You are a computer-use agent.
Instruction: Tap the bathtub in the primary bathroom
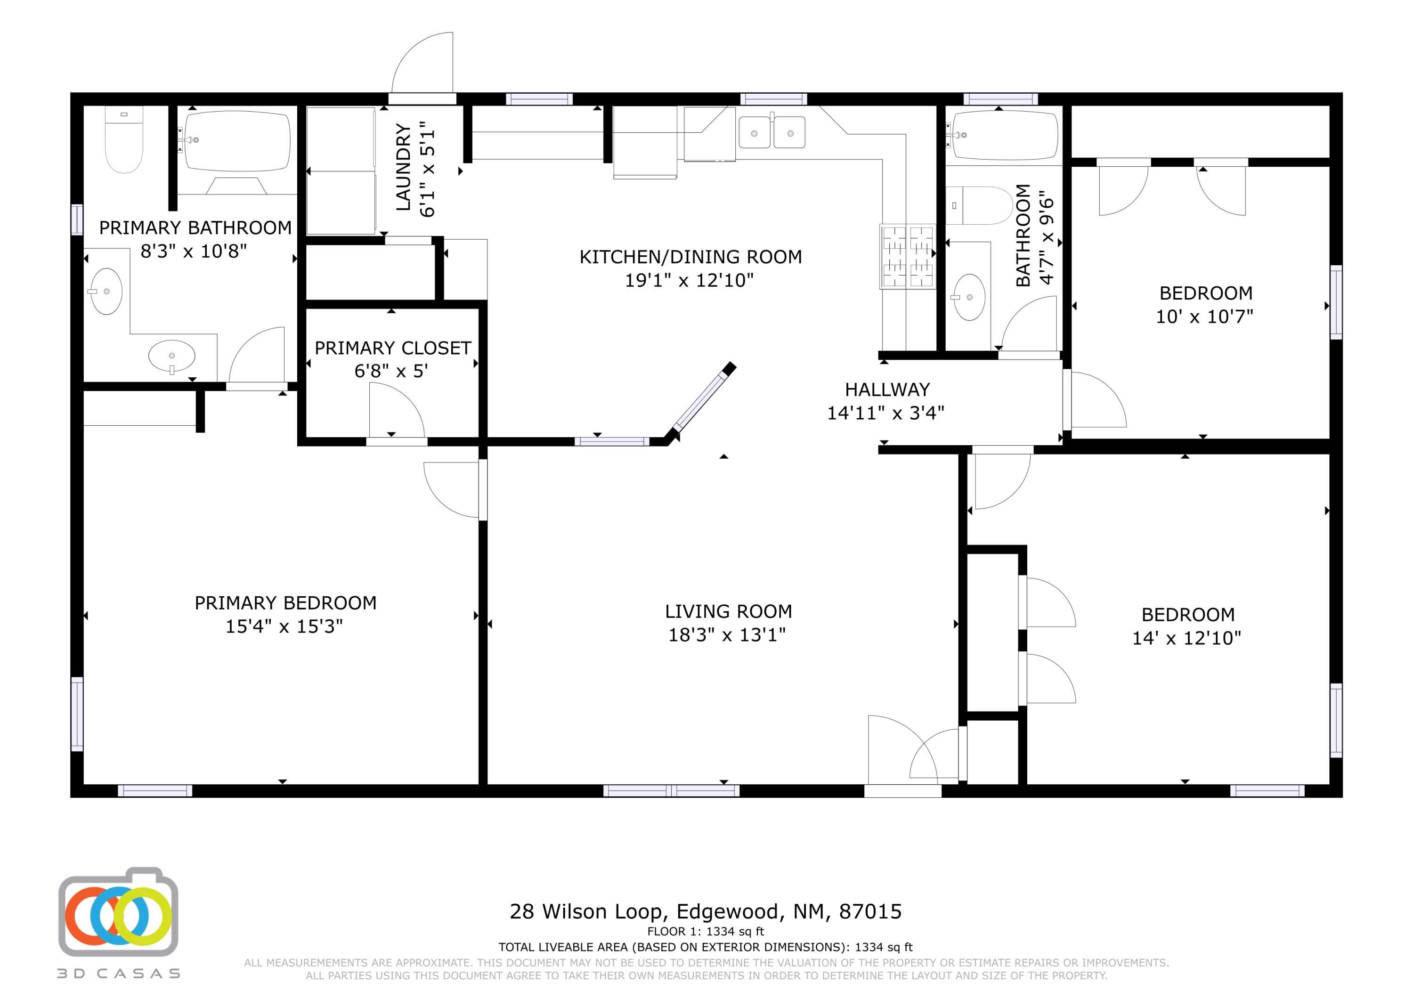[x=237, y=142]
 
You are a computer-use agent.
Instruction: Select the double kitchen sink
[x=772, y=133]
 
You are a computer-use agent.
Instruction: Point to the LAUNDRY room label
[x=403, y=167]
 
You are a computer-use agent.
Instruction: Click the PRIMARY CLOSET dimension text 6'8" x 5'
[x=391, y=371]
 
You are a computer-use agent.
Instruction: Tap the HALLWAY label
[x=887, y=389]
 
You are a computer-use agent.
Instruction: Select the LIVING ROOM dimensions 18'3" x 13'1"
[x=727, y=634]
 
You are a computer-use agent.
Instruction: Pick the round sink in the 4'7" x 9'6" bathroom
[x=969, y=297]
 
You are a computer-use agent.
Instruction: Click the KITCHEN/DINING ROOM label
[x=690, y=257]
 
